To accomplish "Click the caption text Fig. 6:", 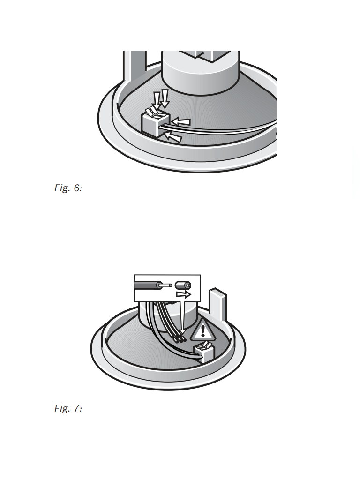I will click(68, 188).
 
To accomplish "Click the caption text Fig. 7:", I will click(68, 408).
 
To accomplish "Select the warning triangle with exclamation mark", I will click(202, 331).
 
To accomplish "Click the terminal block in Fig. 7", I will click(205, 352).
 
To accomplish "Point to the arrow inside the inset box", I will click(183, 294).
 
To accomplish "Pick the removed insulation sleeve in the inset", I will click(183, 285).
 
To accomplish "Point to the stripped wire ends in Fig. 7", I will click(179, 338).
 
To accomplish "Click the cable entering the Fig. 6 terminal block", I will click(220, 128).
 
